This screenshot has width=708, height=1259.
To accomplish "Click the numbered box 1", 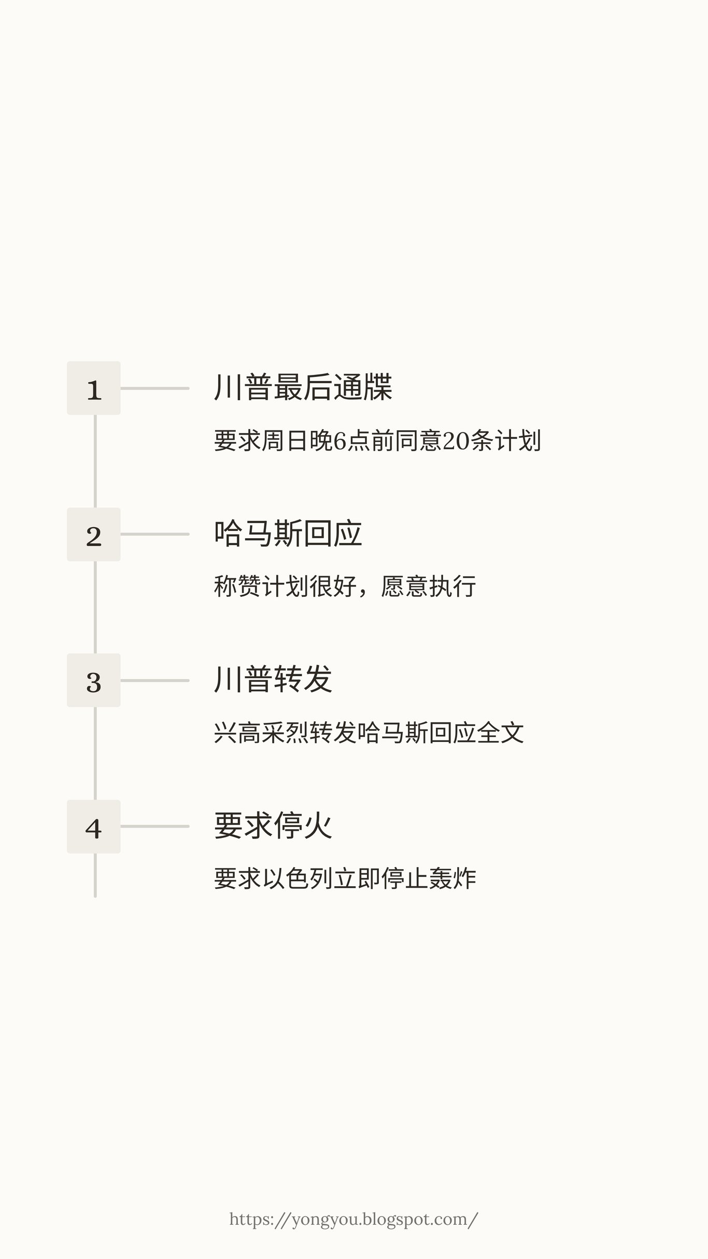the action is click(x=94, y=388).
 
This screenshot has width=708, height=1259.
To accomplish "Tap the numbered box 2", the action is click(x=94, y=534).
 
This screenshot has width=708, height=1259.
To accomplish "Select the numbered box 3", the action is click(x=94, y=680).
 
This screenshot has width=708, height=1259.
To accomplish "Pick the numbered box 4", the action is click(x=94, y=827).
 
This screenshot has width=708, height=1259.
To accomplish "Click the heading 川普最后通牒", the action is click(x=303, y=387).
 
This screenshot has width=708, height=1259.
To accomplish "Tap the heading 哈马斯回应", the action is click(x=288, y=534).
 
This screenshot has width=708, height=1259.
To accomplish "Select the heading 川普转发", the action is click(x=273, y=680).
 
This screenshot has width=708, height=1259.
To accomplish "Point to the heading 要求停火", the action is click(x=273, y=826).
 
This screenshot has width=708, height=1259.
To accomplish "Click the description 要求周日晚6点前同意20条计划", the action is click(x=377, y=441).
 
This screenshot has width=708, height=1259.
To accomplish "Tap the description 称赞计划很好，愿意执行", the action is click(x=345, y=587).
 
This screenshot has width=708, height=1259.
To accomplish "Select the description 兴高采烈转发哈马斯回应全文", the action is click(x=369, y=733).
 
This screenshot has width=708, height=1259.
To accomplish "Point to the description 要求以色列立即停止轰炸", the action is click(x=345, y=879).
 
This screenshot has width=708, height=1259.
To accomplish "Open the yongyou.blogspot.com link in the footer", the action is click(x=353, y=1219).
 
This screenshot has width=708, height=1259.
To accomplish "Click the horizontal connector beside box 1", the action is click(x=154, y=388).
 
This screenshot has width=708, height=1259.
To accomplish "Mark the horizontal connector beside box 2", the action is click(x=154, y=534).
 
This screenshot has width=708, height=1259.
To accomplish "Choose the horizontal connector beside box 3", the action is click(x=154, y=680).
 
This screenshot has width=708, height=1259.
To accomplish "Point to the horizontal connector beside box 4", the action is click(x=154, y=827).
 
